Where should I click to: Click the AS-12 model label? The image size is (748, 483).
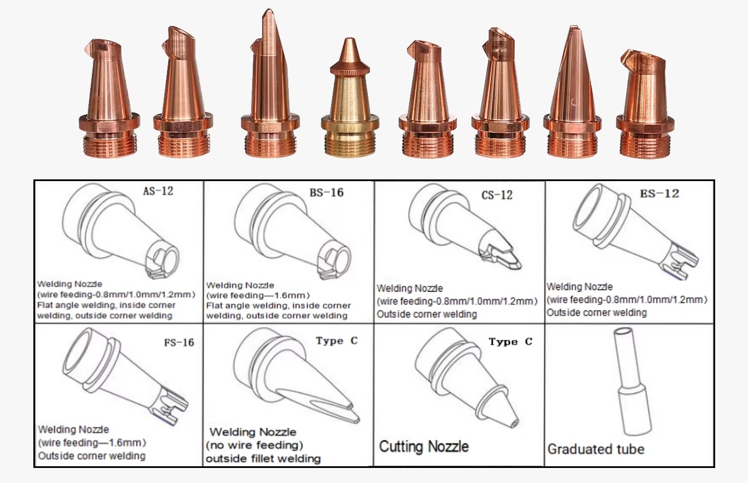click(158, 191)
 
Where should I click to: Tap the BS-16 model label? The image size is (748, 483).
click(326, 193)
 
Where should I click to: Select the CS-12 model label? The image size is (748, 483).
click(497, 195)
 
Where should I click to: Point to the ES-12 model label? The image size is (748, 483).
click(660, 193)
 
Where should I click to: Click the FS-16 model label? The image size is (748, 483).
click(179, 343)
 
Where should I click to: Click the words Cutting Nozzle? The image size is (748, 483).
click(424, 447)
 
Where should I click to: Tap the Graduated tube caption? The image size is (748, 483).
click(596, 449)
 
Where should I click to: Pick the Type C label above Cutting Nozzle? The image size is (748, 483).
click(510, 341)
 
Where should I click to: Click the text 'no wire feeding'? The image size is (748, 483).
click(257, 445)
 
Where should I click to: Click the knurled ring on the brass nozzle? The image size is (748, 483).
click(350, 70)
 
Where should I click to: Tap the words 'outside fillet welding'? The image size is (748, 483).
click(263, 458)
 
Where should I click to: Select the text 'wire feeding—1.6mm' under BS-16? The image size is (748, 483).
click(258, 295)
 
